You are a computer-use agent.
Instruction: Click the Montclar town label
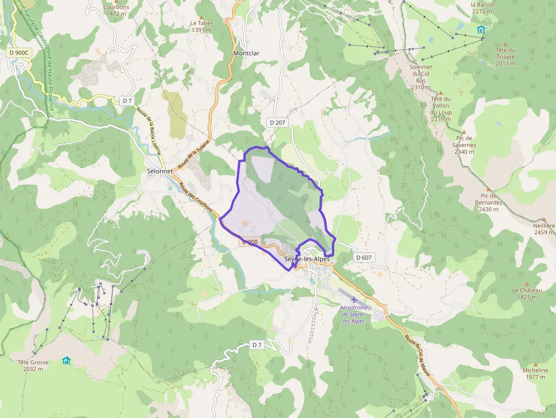pos(246,53)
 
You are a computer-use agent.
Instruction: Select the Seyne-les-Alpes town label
pos(306,260)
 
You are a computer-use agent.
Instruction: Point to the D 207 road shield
pos(277,122)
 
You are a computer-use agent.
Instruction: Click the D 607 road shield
pos(364,257)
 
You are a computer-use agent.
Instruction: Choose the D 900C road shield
pos(19,53)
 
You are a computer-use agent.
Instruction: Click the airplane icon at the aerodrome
pos(354,299)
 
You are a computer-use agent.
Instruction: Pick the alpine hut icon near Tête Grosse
pos(66,360)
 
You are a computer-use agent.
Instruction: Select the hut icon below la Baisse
pos(481,30)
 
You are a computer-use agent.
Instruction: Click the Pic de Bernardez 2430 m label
pos(488,202)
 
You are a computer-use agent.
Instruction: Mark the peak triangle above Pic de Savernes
pos(464,132)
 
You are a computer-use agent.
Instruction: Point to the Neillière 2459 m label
pos(544,229)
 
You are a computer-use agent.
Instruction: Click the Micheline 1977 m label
pos(535,373)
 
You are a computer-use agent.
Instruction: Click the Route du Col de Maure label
pos(418,353)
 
